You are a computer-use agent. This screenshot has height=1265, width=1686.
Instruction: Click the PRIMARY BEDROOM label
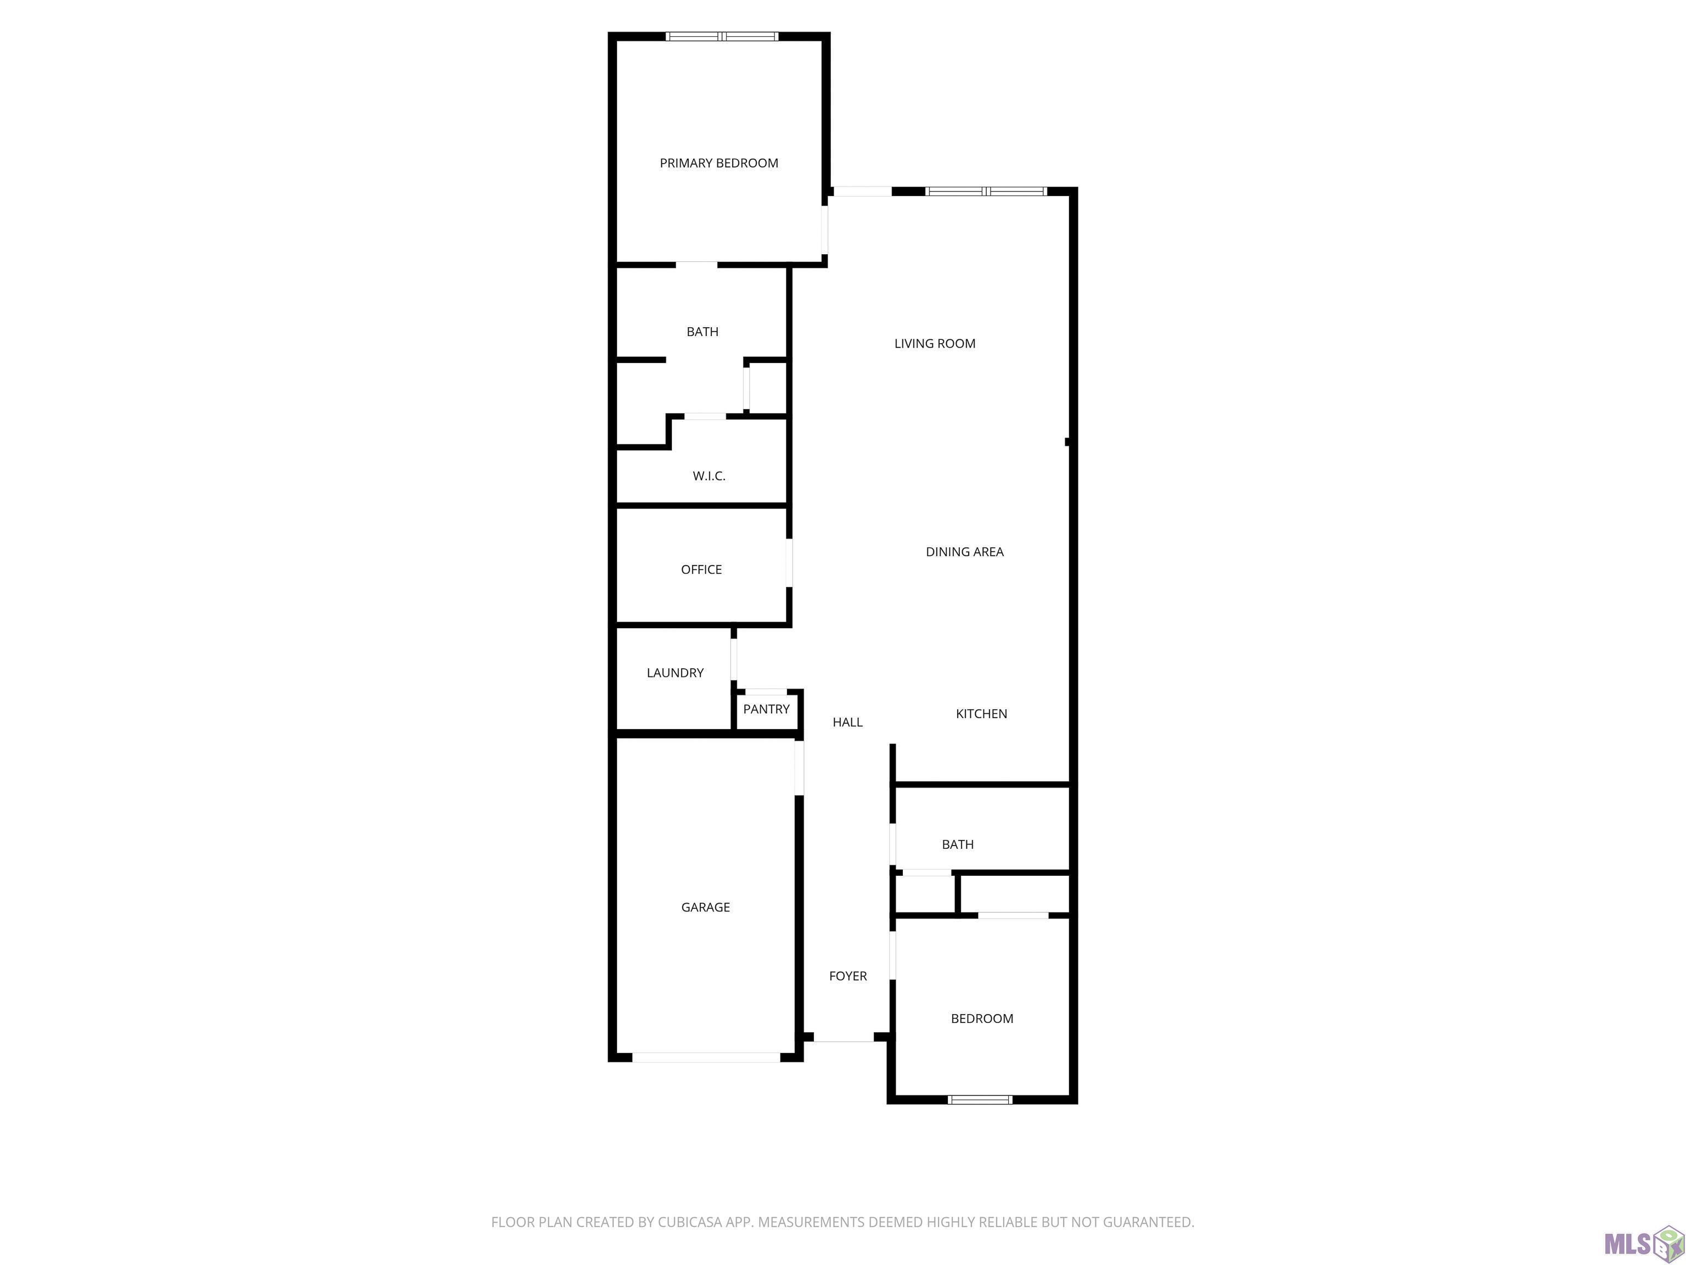click(719, 163)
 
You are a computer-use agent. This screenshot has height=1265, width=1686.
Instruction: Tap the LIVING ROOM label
click(935, 344)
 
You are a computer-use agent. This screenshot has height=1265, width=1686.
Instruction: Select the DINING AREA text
click(964, 552)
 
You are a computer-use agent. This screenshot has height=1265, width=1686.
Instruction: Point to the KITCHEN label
click(981, 714)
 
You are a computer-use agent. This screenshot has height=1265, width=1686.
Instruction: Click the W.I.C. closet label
click(709, 477)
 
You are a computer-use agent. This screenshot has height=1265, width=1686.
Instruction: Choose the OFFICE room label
click(701, 569)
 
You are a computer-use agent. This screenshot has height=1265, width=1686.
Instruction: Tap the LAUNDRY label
click(675, 673)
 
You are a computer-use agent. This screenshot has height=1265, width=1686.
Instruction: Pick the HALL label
click(847, 722)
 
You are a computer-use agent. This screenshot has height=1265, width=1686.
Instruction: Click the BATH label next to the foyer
click(957, 844)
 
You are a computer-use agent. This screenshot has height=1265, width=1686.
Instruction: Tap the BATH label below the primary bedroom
click(702, 332)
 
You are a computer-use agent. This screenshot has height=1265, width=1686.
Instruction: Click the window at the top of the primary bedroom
click(722, 36)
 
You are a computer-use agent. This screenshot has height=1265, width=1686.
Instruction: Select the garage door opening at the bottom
click(706, 1057)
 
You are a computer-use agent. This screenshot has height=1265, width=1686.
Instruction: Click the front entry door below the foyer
click(843, 1037)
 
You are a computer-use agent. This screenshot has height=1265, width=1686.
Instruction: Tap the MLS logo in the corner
click(1643, 1244)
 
